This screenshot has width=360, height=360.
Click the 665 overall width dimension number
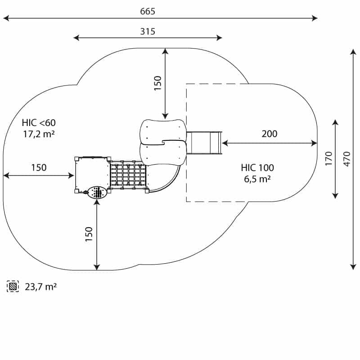tap(148, 11)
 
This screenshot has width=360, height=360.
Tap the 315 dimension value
tap(148, 31)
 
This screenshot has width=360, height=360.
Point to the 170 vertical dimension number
tap(328, 159)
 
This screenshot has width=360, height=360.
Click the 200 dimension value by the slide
tap(270, 134)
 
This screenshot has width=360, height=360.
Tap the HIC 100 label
tap(257, 168)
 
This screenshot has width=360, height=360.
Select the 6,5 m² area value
tap(257, 179)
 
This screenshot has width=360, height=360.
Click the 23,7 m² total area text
tap(40, 287)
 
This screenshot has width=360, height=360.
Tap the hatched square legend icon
tap(13, 286)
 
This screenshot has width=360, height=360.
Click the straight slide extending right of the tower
tap(205, 143)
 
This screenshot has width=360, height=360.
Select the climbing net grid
tap(128, 175)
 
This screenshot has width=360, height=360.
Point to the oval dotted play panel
tap(96, 193)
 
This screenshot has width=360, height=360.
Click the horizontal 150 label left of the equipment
tap(39, 167)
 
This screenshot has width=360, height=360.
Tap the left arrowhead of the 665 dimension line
tap(5, 18)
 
